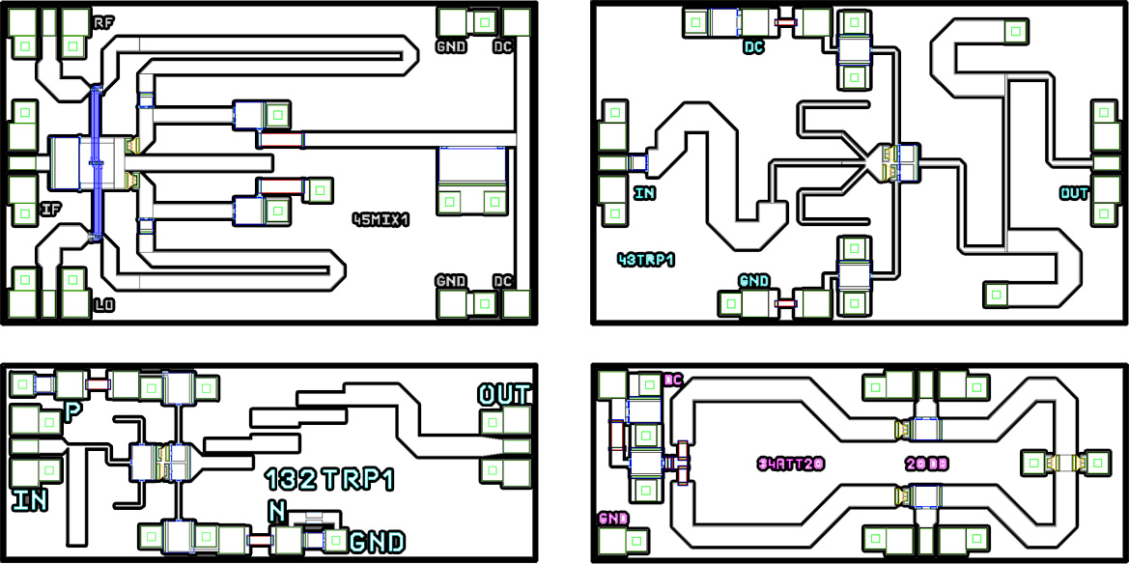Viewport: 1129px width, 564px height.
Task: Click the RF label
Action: point(103,21)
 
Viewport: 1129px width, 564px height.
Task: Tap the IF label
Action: point(51,209)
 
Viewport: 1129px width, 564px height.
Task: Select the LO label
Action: point(104,306)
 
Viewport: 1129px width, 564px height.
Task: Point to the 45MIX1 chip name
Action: point(381,220)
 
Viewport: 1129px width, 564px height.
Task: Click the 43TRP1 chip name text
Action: point(645,260)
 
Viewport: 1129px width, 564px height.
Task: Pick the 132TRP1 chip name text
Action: point(329,480)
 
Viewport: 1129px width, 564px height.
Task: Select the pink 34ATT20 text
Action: point(790,464)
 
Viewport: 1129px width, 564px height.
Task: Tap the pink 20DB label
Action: point(927,464)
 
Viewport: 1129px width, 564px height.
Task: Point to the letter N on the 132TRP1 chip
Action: point(277,511)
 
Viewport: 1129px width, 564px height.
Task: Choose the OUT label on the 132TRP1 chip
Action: point(504,394)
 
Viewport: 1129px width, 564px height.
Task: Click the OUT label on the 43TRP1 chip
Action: point(1074,193)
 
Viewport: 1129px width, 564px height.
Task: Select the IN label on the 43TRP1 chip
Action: point(644,193)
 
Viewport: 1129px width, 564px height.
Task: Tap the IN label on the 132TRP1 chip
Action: point(30,500)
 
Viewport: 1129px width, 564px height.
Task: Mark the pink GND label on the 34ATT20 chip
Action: point(613,519)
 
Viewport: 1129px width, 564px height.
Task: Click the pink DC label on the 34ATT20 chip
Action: point(672,380)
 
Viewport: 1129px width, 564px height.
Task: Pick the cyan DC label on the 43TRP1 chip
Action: point(754,46)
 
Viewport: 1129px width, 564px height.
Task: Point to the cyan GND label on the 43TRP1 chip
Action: point(754,280)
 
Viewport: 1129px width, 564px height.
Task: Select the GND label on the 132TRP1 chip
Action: point(377,542)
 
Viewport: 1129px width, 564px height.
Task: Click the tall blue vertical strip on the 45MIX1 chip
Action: point(96,162)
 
